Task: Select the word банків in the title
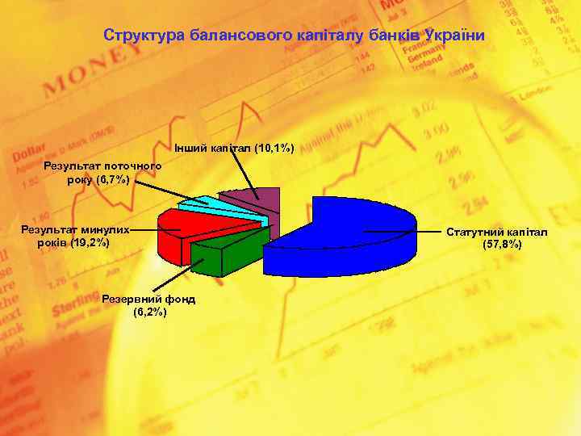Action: [395, 36]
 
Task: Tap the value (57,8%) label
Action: [497, 245]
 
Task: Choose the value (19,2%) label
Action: [90, 242]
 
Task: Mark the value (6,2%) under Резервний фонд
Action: [150, 312]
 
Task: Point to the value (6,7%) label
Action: [112, 179]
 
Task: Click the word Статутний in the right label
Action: [473, 233]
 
